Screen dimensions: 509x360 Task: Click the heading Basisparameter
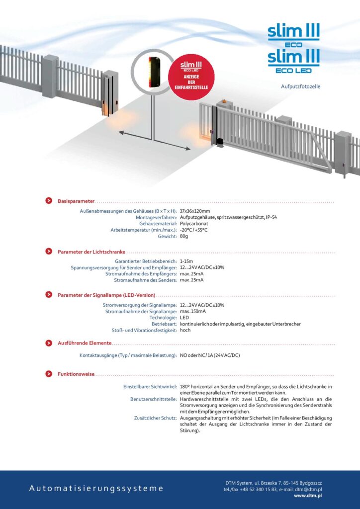tap(76, 201)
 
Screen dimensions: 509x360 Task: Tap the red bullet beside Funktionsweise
tap(49, 373)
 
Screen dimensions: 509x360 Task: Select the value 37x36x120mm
tap(195, 211)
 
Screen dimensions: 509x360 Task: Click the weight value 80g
tap(184, 236)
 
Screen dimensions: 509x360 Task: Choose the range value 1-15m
tap(187, 261)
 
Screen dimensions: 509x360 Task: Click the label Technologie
tap(163, 318)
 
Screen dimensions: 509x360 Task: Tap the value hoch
tap(185, 330)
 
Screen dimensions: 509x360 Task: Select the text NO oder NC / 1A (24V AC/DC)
tap(210, 355)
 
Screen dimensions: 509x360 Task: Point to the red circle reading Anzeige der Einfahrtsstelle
tap(191, 76)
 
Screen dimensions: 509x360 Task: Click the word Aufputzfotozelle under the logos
tap(300, 86)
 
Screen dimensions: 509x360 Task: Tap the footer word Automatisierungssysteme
tap(96, 488)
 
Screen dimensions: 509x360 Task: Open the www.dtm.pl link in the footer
tap(308, 496)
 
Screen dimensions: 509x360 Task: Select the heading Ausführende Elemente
tap(85, 343)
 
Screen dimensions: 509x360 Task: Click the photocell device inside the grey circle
tap(153, 72)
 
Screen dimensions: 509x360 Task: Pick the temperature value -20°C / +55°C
tap(193, 230)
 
